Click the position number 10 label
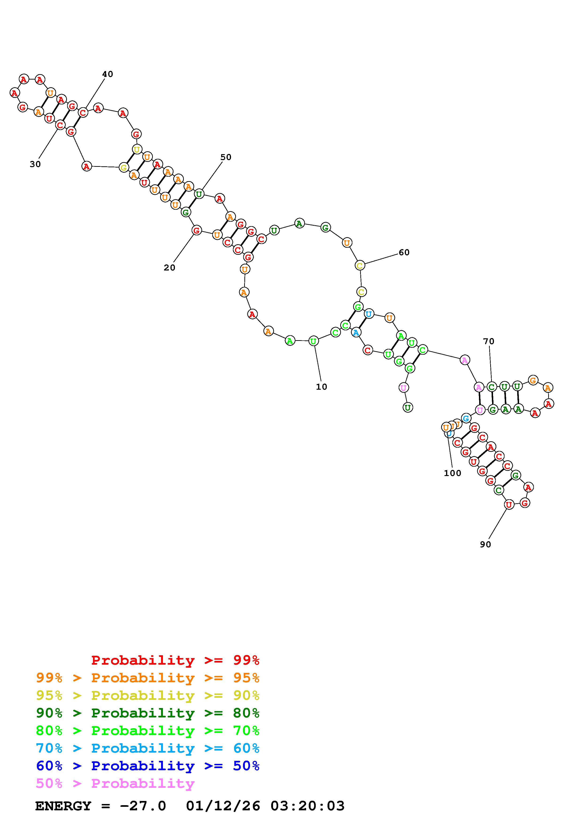[321, 387]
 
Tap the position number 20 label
[169, 268]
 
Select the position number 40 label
[107, 74]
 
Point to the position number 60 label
[404, 252]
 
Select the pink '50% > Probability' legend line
[115, 783]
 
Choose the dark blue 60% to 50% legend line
[147, 766]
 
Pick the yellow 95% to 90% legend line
[147, 695]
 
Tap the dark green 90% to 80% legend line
[147, 713]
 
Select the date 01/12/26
[223, 806]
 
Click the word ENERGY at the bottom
[63, 806]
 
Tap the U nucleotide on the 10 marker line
[313, 341]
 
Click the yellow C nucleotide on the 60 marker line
[360, 266]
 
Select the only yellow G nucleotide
[124, 168]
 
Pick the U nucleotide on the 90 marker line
[509, 505]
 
